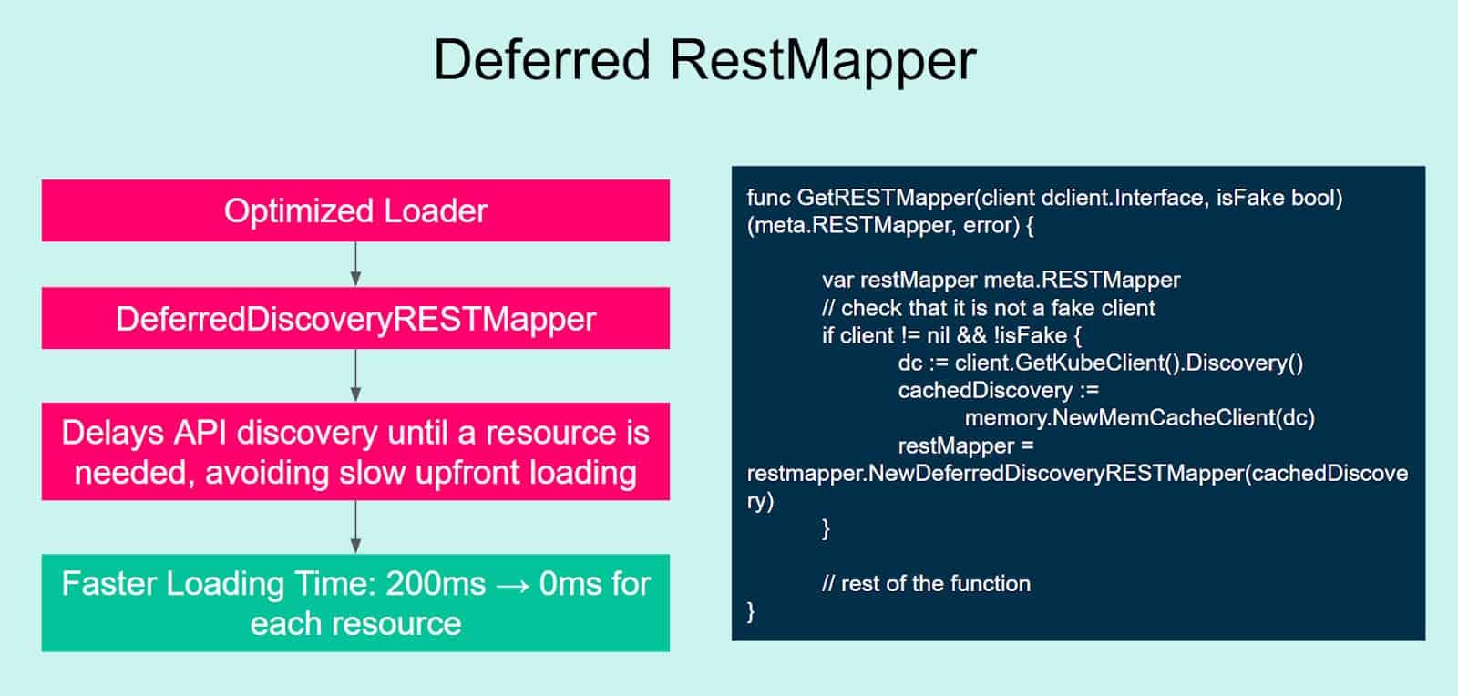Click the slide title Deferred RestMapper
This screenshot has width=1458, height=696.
[x=704, y=60]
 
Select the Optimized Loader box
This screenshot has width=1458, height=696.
[x=355, y=210]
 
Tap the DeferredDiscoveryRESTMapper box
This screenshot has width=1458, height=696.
[x=355, y=319]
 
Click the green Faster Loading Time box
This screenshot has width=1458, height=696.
[x=355, y=603]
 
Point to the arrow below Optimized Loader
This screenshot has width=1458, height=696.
[x=355, y=264]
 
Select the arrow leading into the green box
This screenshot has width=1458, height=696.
[x=355, y=527]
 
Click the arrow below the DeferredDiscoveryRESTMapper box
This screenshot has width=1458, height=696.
[x=355, y=375]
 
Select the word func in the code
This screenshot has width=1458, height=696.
[x=767, y=198]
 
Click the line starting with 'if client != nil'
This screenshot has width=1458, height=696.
[x=951, y=335]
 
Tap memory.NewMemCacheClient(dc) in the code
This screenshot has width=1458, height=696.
[x=1139, y=418]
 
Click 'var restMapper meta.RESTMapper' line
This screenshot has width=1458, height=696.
[x=1001, y=280]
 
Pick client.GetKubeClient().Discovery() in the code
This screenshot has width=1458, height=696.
[x=1128, y=363]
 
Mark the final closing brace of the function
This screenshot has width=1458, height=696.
[x=752, y=611]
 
